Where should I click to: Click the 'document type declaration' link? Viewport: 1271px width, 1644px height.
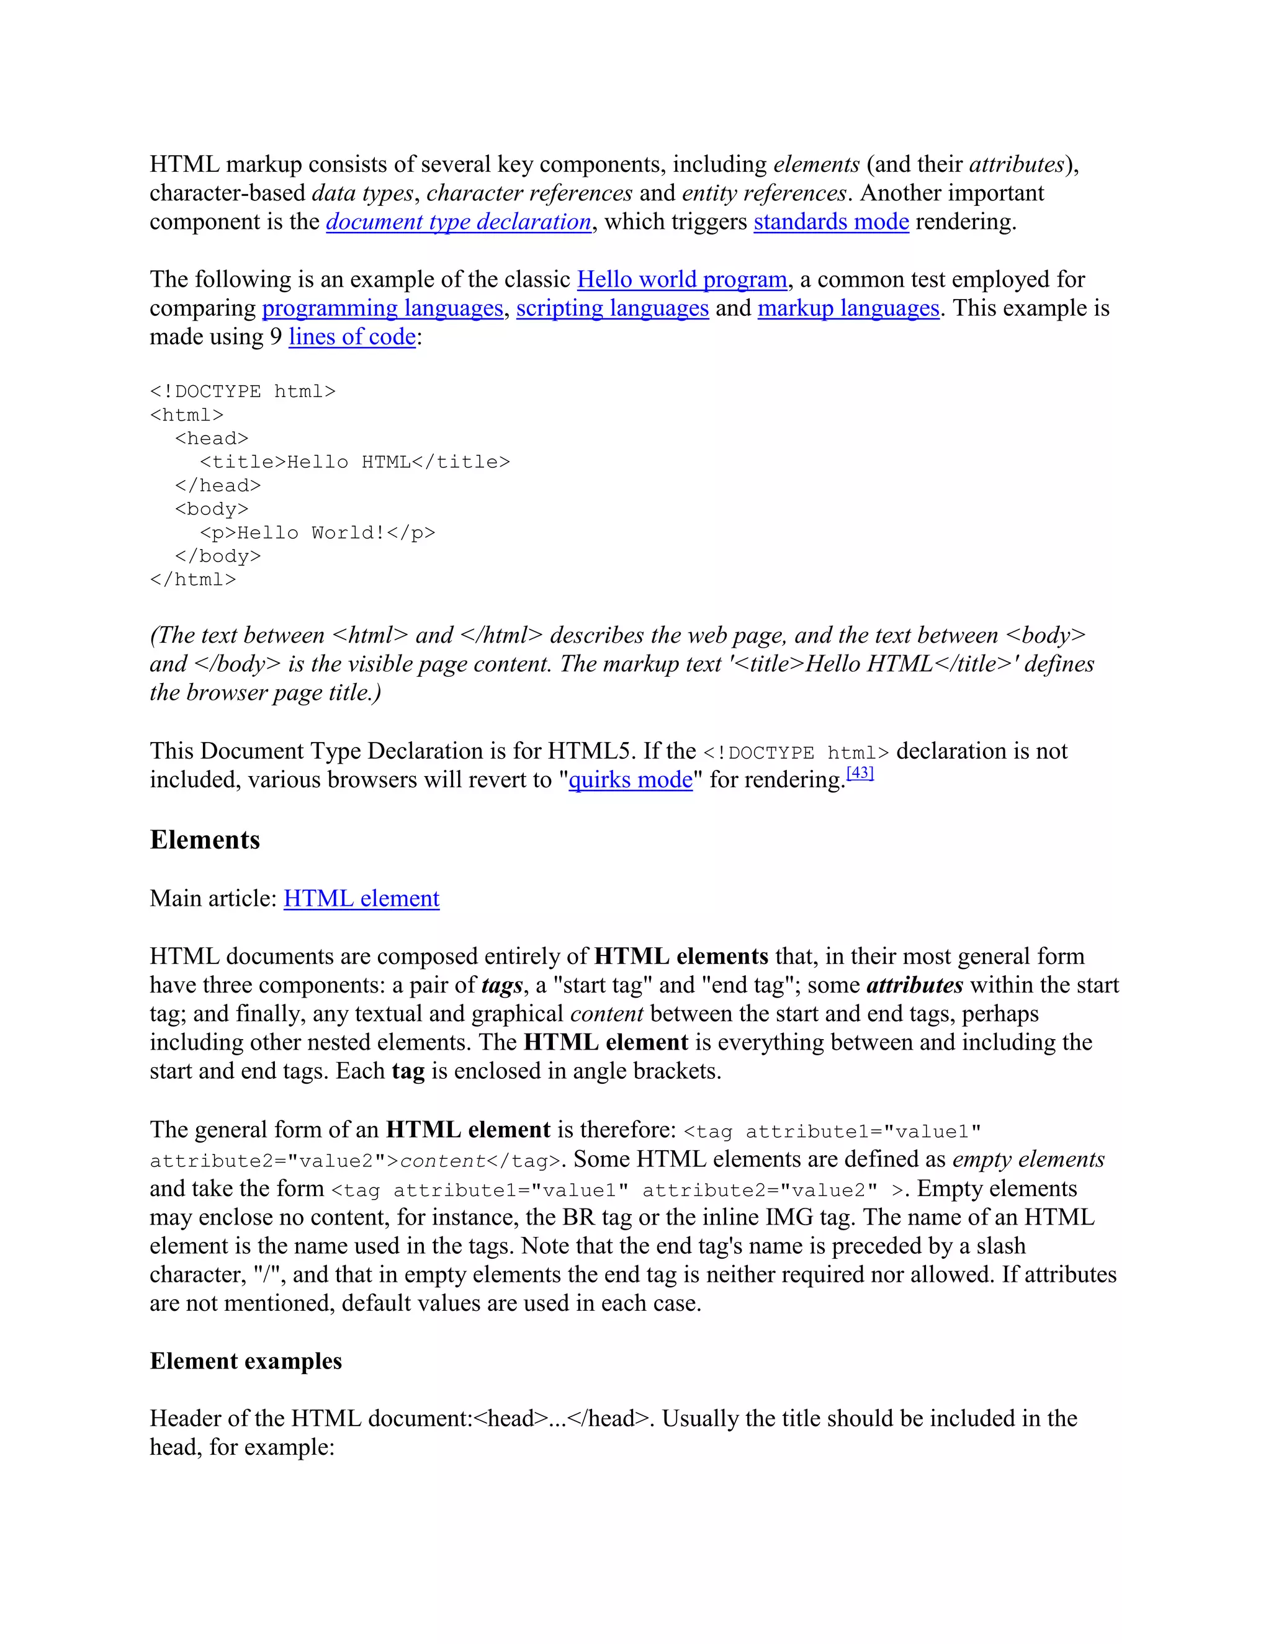459,222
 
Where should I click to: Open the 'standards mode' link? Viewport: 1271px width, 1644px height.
831,222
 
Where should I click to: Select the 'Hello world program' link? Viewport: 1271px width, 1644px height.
682,280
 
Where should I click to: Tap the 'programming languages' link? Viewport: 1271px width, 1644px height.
382,308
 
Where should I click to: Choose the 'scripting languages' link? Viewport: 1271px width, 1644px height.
612,308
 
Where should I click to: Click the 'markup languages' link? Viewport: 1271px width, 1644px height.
848,308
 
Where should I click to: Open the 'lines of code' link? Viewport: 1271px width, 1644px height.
352,337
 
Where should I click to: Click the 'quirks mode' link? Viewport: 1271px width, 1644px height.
631,780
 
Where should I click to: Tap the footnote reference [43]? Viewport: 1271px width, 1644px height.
860,773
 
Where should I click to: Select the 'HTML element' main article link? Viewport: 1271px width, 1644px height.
361,899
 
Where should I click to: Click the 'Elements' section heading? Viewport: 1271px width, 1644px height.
205,840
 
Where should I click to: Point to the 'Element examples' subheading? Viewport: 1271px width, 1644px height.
246,1361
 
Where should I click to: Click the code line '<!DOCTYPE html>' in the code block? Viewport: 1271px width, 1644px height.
243,392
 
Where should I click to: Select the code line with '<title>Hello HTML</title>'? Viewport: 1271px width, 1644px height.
354,462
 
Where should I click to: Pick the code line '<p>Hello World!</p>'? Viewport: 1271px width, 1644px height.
317,533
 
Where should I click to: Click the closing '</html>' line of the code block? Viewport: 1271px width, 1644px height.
193,579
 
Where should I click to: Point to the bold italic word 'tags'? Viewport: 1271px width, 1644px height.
502,985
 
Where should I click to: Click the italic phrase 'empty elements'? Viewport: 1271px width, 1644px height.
1028,1159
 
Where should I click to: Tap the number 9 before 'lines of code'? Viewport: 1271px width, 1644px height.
276,337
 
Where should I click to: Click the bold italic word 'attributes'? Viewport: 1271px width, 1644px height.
915,985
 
